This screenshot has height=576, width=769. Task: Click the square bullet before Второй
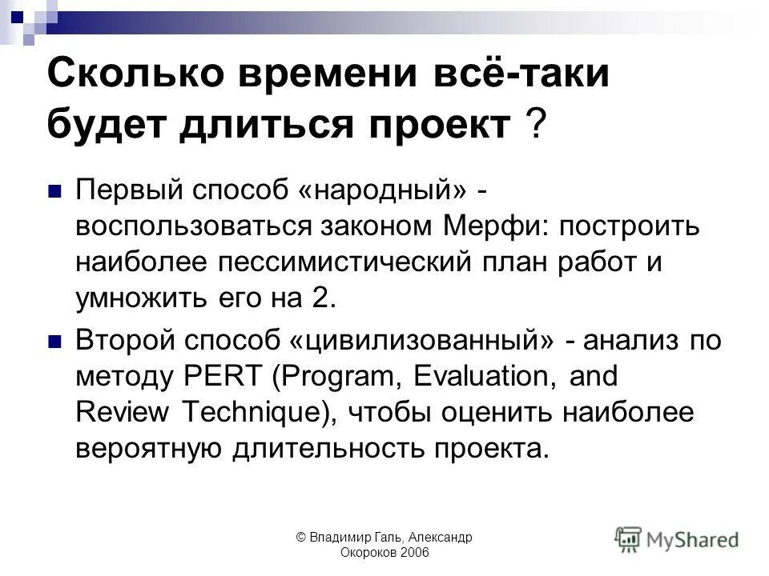point(54,342)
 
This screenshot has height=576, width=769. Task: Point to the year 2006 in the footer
point(414,553)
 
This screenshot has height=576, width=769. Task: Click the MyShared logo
point(677,538)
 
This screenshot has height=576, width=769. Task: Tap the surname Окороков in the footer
point(368,553)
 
